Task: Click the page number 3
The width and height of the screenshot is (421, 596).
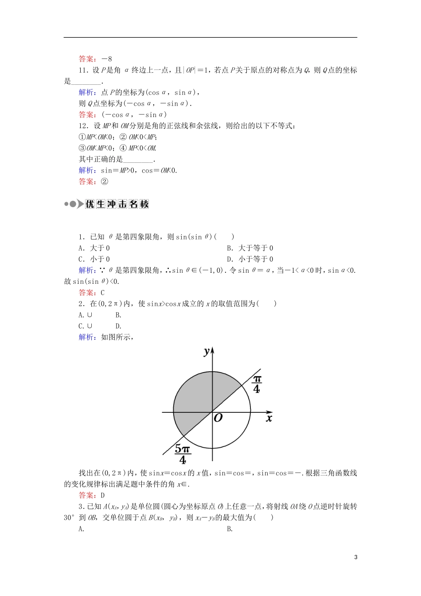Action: (356, 557)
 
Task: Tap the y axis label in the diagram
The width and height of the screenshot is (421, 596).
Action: (206, 351)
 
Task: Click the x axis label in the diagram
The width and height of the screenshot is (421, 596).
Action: (269, 418)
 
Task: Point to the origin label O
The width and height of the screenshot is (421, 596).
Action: (218, 418)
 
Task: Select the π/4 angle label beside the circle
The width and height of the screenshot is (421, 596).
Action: (257, 384)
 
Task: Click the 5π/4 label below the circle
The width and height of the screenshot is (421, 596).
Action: (182, 453)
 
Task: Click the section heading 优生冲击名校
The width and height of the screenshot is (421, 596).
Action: (117, 204)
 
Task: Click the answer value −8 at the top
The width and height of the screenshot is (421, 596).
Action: (107, 59)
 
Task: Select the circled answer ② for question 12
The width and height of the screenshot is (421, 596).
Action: (105, 181)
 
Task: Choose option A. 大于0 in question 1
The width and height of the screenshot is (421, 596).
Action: (94, 248)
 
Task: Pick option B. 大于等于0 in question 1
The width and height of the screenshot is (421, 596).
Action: (250, 248)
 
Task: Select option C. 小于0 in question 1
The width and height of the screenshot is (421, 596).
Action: (94, 259)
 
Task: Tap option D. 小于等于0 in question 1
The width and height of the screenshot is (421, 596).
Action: (250, 259)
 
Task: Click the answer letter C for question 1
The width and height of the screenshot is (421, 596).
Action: (103, 293)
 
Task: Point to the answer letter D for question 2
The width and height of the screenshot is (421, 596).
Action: (103, 495)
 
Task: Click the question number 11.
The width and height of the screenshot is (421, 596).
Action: (83, 70)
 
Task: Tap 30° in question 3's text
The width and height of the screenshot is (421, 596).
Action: (70, 518)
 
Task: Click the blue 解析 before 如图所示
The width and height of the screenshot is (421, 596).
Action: (86, 337)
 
